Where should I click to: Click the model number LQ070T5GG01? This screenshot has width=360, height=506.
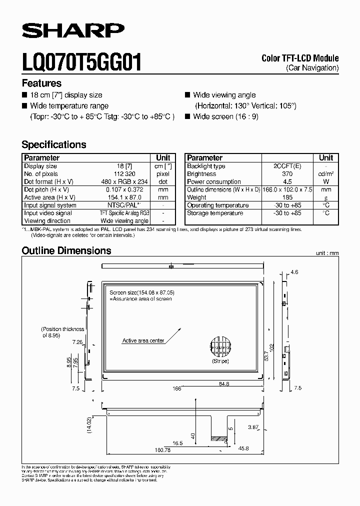[x=81, y=63]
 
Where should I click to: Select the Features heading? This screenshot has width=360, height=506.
[x=41, y=83]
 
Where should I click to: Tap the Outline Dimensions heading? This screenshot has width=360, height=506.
[x=66, y=250]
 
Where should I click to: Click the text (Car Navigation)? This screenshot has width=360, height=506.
[x=312, y=67]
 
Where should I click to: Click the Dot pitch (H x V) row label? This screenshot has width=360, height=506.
[x=50, y=190]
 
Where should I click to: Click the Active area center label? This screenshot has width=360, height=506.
[x=143, y=340]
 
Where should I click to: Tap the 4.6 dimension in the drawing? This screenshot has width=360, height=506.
[x=294, y=272]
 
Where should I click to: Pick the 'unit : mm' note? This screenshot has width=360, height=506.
[x=327, y=253]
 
